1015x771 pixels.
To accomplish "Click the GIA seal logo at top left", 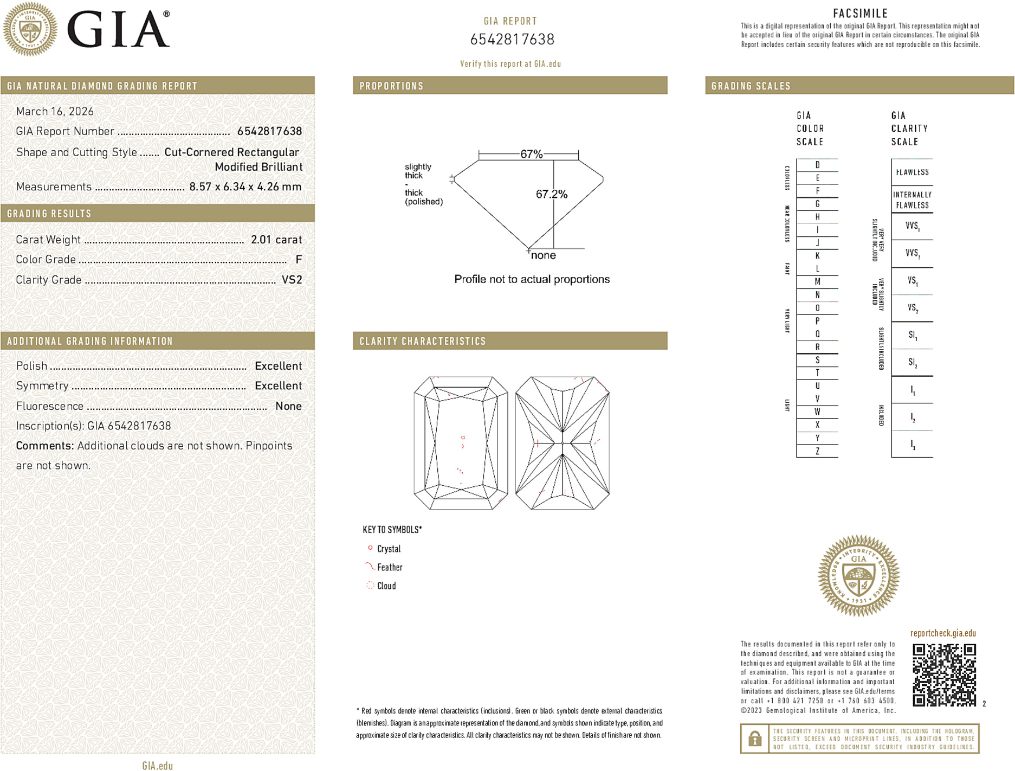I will (x=30, y=29).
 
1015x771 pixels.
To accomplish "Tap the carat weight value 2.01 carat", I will (x=276, y=240).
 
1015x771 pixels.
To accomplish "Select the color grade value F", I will (x=299, y=260).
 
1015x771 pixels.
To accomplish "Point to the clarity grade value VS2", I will (x=292, y=280).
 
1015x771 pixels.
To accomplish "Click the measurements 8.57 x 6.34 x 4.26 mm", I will (x=245, y=187).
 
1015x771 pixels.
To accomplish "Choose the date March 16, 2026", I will (x=55, y=111).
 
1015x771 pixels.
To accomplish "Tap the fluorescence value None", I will (x=288, y=406).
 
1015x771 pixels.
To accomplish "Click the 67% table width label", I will (x=531, y=154).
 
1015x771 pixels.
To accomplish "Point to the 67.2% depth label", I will (x=552, y=194).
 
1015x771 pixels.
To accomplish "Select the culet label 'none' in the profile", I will (x=544, y=255).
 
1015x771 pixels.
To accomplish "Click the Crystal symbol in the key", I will (x=371, y=548).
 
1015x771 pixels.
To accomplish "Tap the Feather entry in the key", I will (x=390, y=567).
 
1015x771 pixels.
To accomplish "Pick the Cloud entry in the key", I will (x=386, y=586).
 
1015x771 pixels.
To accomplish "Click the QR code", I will (x=944, y=674).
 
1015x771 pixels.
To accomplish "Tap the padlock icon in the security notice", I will (x=754, y=738).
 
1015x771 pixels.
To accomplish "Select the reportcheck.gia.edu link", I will (x=943, y=633).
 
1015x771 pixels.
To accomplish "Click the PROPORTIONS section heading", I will (x=391, y=86).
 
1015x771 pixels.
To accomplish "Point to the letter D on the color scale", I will (x=817, y=165).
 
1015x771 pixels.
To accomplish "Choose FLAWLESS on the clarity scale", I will (x=912, y=172).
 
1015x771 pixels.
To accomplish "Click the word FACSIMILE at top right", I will (x=860, y=14).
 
